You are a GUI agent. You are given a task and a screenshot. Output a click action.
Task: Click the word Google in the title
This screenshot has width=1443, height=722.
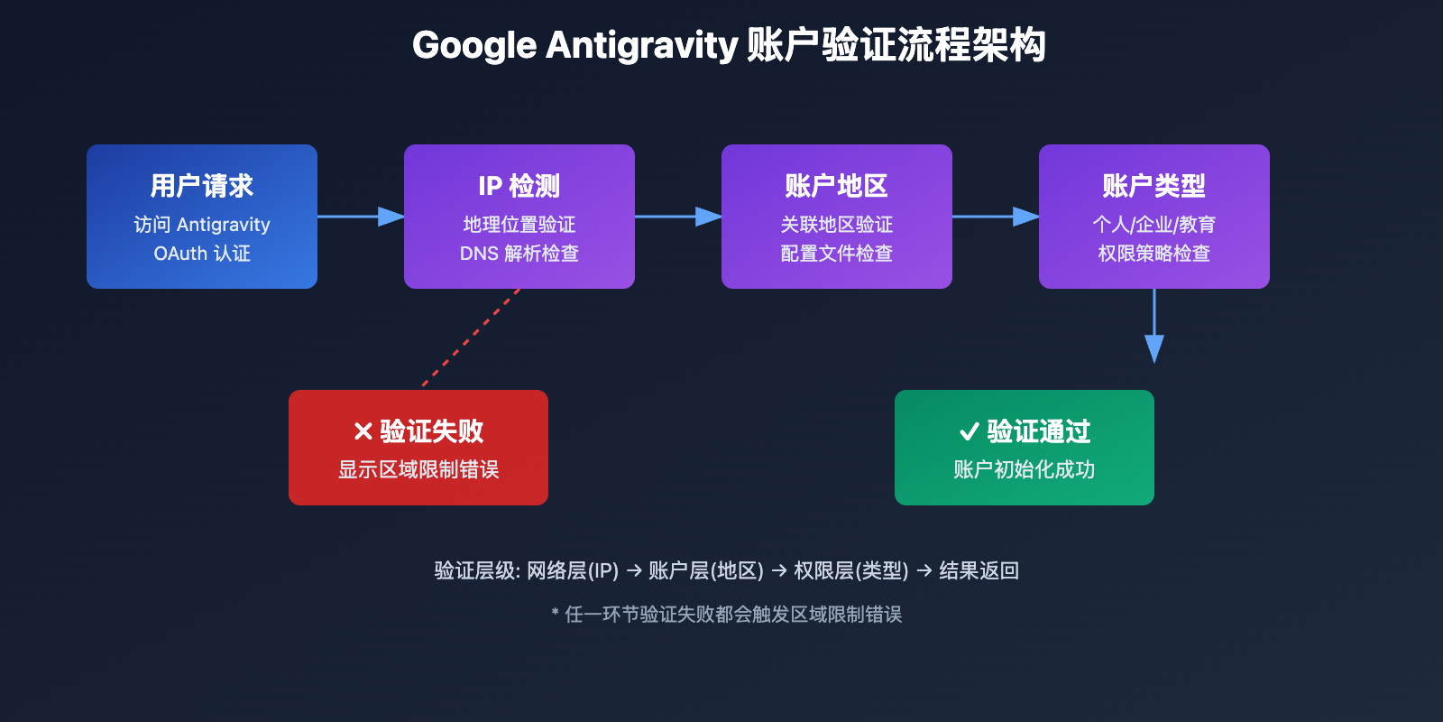point(474,45)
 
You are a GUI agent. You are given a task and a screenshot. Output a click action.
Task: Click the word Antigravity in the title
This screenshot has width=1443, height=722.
point(642,45)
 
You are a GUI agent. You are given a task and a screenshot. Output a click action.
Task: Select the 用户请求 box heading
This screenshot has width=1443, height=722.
point(202,186)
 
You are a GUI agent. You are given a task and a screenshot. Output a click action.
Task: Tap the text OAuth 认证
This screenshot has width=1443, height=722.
point(202,254)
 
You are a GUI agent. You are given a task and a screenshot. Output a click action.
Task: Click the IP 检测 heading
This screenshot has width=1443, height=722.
point(519,186)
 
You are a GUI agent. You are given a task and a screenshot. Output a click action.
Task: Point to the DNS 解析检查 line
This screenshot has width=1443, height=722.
point(519,254)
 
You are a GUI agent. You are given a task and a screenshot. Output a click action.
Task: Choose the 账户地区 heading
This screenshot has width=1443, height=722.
point(837,186)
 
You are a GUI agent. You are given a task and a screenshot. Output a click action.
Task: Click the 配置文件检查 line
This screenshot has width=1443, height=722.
point(837,254)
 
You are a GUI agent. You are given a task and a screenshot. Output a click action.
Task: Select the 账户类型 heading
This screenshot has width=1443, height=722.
point(1154,186)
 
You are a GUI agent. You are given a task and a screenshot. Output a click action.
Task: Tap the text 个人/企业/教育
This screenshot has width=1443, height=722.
point(1154,224)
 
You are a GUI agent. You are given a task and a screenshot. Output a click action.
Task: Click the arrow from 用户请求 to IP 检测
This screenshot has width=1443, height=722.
point(361,217)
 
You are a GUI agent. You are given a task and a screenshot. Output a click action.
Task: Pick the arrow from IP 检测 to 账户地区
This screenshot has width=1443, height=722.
point(678,217)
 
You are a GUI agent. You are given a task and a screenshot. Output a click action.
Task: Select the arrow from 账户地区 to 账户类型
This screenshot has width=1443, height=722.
point(996,217)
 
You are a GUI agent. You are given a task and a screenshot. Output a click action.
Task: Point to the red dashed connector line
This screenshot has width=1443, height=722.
point(471,338)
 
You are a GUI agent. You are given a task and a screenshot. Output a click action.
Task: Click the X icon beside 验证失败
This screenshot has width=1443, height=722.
point(363,431)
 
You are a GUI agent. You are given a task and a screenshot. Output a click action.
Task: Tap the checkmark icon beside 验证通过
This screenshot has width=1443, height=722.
point(970,431)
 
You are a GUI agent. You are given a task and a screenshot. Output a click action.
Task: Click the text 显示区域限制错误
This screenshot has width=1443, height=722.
point(418,469)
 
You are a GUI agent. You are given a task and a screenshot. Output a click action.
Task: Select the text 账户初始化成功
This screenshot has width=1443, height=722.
point(1025,469)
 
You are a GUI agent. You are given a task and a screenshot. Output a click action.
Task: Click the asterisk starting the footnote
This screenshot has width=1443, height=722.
point(556,614)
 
